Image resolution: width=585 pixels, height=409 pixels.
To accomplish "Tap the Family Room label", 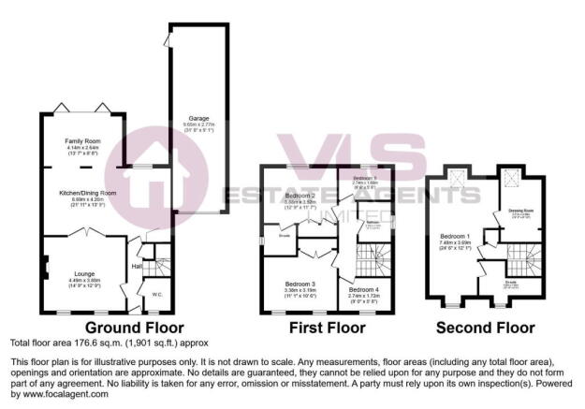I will (x=81, y=139).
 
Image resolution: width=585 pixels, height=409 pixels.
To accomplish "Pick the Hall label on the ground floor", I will (x=137, y=266).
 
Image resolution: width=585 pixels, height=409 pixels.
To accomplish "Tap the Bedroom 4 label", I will (x=363, y=290).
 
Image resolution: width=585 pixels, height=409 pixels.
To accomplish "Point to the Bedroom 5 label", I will (x=365, y=176).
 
